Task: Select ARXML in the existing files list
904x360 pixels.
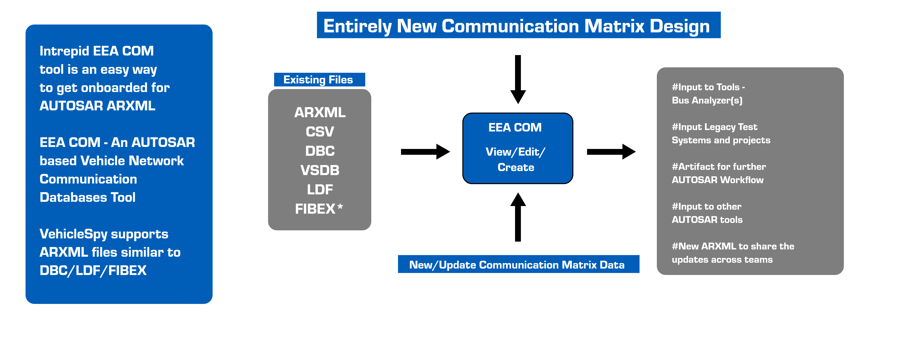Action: tap(320, 112)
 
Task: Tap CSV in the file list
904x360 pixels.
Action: tap(320, 132)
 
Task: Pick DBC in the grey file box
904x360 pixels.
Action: tap(320, 151)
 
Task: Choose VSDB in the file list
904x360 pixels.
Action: tap(320, 170)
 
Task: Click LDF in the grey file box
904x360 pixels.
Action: tap(320, 190)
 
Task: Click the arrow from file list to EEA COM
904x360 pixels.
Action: tap(425, 152)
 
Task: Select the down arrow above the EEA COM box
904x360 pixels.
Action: tap(518, 79)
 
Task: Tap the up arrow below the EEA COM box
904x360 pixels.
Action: tap(518, 217)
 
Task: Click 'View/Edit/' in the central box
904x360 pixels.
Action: tap(515, 152)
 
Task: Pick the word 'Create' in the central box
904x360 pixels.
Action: tap(516, 167)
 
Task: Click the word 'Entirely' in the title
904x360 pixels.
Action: tap(357, 26)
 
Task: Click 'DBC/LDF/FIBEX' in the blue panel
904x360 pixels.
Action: tap(93, 271)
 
